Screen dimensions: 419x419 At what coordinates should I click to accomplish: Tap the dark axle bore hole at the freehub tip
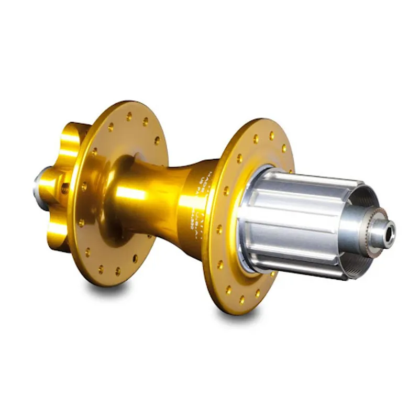point(390,234)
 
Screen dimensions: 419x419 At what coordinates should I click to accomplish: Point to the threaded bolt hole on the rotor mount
point(65,188)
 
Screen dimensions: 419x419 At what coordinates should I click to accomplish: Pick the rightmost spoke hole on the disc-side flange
point(157,140)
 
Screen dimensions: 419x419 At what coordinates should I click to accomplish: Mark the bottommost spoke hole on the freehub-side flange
point(241,300)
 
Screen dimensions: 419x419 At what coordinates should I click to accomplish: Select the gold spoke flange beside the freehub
point(225,262)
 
